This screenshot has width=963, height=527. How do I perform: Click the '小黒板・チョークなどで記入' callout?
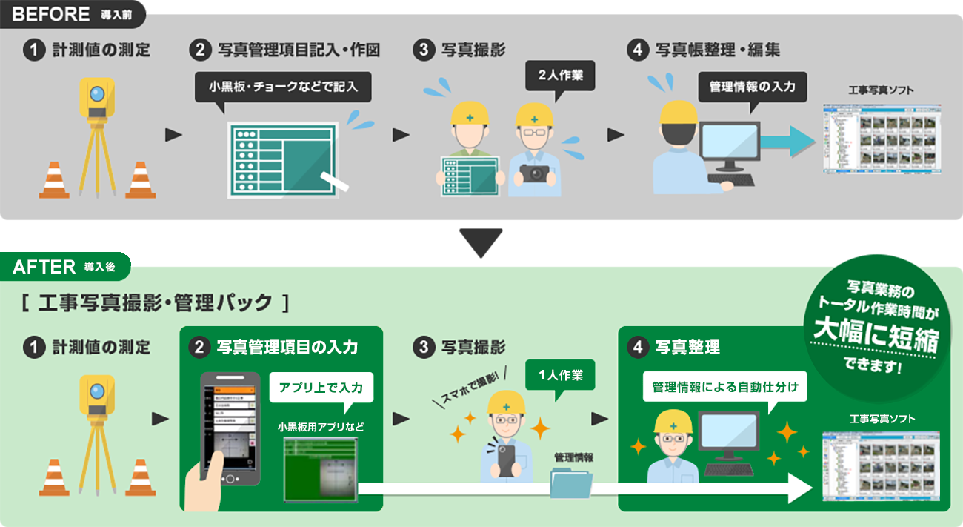click(x=283, y=87)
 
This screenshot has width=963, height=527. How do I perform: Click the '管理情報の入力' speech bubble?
click(x=752, y=87)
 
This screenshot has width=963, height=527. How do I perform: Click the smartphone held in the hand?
click(x=230, y=428)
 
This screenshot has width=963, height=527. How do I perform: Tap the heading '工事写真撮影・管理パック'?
click(x=154, y=303)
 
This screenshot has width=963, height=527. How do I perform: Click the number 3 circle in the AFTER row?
click(x=422, y=348)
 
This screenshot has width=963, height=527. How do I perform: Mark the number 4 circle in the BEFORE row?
click(x=636, y=50)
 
